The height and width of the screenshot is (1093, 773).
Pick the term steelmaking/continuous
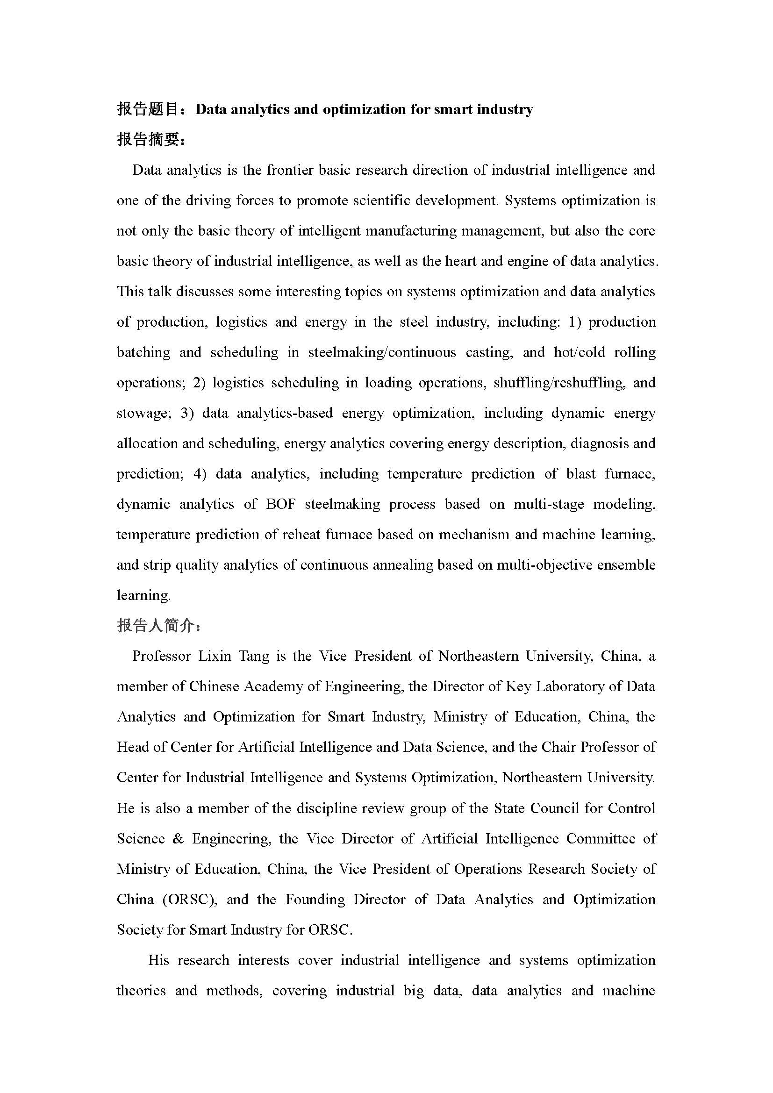[382, 353]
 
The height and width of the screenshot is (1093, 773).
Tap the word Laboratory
[570, 687]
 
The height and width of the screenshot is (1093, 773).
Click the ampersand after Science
[178, 839]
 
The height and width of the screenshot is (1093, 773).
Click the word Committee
[601, 839]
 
